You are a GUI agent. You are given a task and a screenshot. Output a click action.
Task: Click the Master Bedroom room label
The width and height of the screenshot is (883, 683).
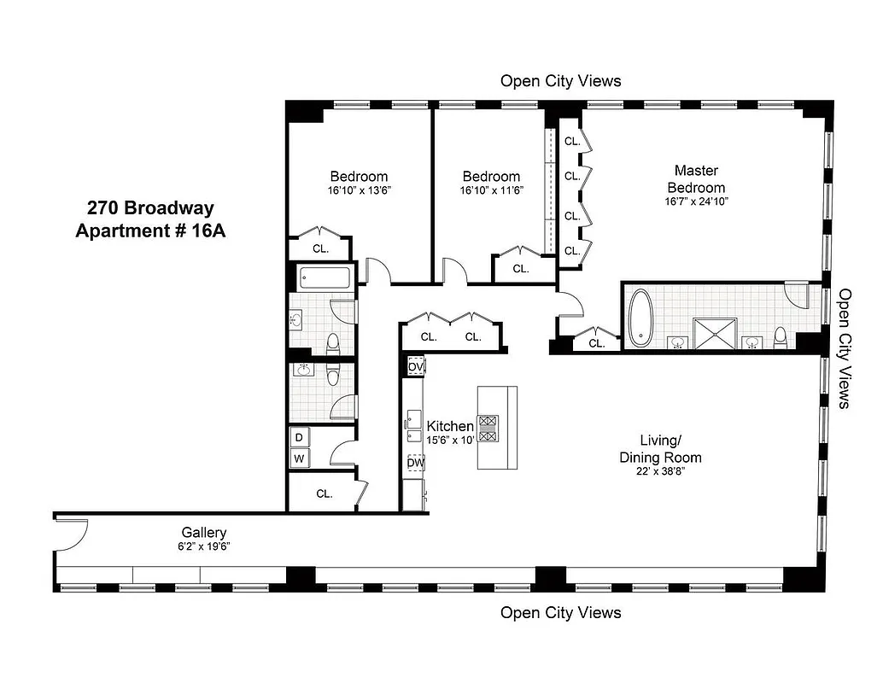(696, 179)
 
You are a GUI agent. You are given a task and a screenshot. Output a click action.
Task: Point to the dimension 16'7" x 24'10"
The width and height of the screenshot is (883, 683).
(696, 202)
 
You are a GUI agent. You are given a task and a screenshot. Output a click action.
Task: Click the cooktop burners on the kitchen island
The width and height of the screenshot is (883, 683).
(488, 428)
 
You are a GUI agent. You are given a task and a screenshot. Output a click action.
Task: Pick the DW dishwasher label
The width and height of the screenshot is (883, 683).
(416, 464)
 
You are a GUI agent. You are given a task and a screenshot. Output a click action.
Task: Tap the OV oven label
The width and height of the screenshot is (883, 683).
(416, 366)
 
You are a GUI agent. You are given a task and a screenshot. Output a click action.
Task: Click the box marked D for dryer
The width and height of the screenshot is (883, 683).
(299, 438)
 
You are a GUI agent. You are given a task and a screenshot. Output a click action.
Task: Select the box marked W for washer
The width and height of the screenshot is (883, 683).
(299, 458)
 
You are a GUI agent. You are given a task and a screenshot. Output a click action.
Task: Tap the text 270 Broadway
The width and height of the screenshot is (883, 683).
(150, 207)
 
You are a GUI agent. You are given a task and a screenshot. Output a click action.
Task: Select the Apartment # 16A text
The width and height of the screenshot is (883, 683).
(150, 231)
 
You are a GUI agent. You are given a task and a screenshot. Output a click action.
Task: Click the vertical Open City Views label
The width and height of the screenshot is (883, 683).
(845, 347)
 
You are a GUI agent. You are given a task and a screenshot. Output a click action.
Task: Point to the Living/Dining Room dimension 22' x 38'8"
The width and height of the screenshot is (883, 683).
(660, 471)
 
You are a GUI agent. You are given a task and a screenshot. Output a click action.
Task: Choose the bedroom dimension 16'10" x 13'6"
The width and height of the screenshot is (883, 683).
(360, 190)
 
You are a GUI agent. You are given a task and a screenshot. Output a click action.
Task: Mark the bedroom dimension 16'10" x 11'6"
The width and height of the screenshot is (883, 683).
(491, 190)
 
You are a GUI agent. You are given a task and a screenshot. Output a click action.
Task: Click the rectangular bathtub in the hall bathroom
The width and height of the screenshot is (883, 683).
(325, 278)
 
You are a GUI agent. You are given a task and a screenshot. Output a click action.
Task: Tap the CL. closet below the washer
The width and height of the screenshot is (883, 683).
(324, 493)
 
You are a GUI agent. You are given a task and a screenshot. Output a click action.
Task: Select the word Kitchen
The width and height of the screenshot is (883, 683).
(450, 426)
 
